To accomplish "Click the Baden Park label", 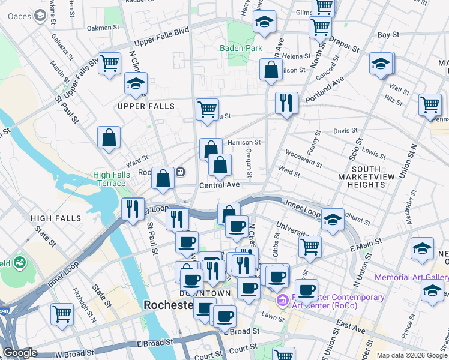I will click(241, 47).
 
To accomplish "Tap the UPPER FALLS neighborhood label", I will click(146, 106).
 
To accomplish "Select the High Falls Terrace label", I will click(110, 179).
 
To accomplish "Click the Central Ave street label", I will click(219, 185).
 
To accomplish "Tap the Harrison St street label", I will click(244, 142).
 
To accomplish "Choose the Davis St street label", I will click(345, 130).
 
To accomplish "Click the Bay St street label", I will click(388, 35).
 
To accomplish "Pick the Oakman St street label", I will click(99, 28).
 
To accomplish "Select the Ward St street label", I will click(136, 161).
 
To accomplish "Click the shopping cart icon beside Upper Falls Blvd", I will click(109, 63).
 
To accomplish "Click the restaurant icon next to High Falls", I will click(132, 209).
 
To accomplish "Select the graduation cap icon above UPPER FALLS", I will click(136, 83).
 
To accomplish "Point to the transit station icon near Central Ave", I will click(180, 172).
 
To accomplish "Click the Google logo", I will click(20, 353).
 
